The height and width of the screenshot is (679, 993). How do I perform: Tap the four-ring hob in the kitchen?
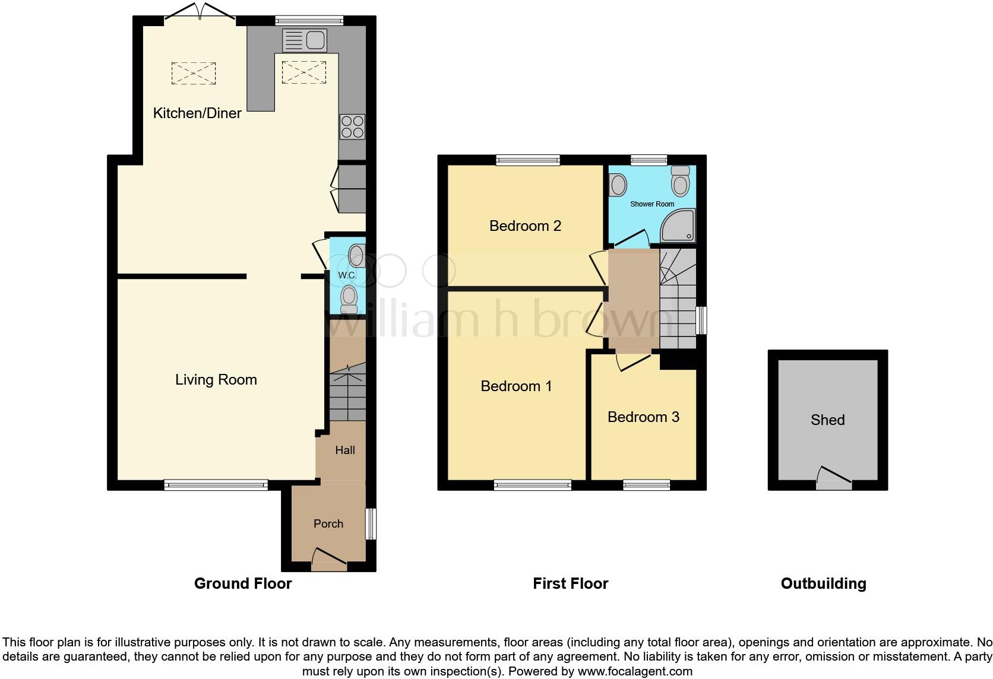[352, 127]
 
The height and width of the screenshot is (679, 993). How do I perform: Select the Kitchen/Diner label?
[197, 113]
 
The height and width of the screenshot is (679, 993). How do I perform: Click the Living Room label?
[216, 380]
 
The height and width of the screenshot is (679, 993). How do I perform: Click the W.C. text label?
[347, 275]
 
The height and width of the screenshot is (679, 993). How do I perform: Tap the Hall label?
[345, 450]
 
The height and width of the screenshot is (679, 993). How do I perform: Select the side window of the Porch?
[370, 523]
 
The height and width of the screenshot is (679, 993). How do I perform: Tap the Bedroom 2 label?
[525, 226]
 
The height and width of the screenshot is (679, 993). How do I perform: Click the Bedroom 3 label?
[643, 417]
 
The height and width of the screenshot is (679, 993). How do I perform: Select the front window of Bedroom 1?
[533, 486]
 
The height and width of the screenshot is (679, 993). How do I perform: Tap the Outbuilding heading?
[823, 583]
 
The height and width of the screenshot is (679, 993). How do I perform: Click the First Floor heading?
[570, 583]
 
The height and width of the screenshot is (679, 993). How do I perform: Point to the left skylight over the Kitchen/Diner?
[194, 74]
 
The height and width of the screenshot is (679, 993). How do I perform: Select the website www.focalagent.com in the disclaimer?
[634, 672]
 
